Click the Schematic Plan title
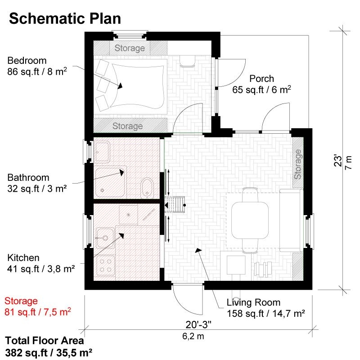[x=65, y=18]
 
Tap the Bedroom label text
[x=27, y=61]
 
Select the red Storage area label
[x=21, y=301]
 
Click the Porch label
[x=261, y=79]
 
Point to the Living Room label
[x=253, y=302]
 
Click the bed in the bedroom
[x=137, y=86]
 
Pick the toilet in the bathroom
[x=147, y=187]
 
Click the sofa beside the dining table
[x=290, y=220]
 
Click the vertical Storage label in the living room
[x=297, y=164]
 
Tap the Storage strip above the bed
[x=130, y=48]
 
